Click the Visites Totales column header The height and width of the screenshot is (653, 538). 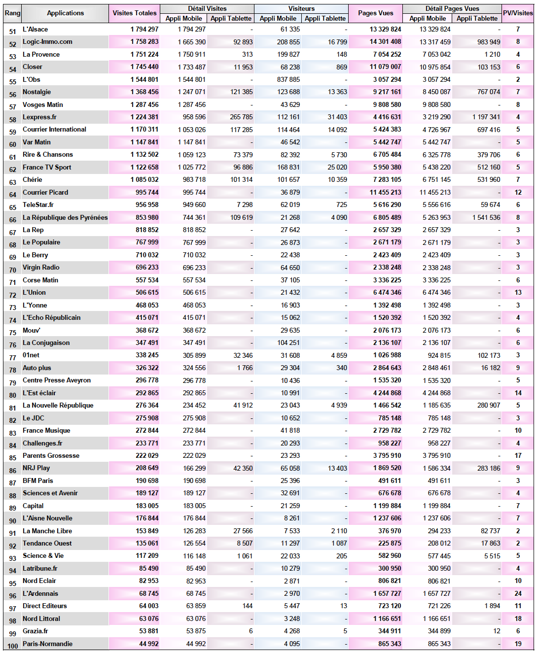pyautogui.click(x=134, y=13)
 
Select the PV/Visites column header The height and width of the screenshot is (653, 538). pyautogui.click(x=517, y=13)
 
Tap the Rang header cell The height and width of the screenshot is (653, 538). pyautogui.click(x=12, y=13)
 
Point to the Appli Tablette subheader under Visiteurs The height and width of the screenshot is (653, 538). pyautogui.click(x=325, y=19)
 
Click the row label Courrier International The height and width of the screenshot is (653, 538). pyautogui.click(x=54, y=130)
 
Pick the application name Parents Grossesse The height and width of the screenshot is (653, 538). pyautogui.click(x=51, y=456)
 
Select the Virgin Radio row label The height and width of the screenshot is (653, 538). pyautogui.click(x=41, y=268)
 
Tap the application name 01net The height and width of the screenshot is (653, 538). pyautogui.click(x=31, y=355)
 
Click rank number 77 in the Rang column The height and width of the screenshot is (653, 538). pyautogui.click(x=13, y=358)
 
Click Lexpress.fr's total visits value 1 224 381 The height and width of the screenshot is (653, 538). pyautogui.click(x=144, y=117)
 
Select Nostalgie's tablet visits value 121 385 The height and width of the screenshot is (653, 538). pyautogui.click(x=241, y=92)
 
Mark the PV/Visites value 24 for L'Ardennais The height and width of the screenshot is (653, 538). pyautogui.click(x=518, y=594)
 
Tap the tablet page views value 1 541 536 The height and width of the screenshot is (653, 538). pyautogui.click(x=486, y=217)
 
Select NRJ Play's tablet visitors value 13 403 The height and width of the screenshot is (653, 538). pyautogui.click(x=337, y=468)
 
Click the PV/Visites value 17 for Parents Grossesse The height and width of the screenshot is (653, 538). pyautogui.click(x=518, y=456)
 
